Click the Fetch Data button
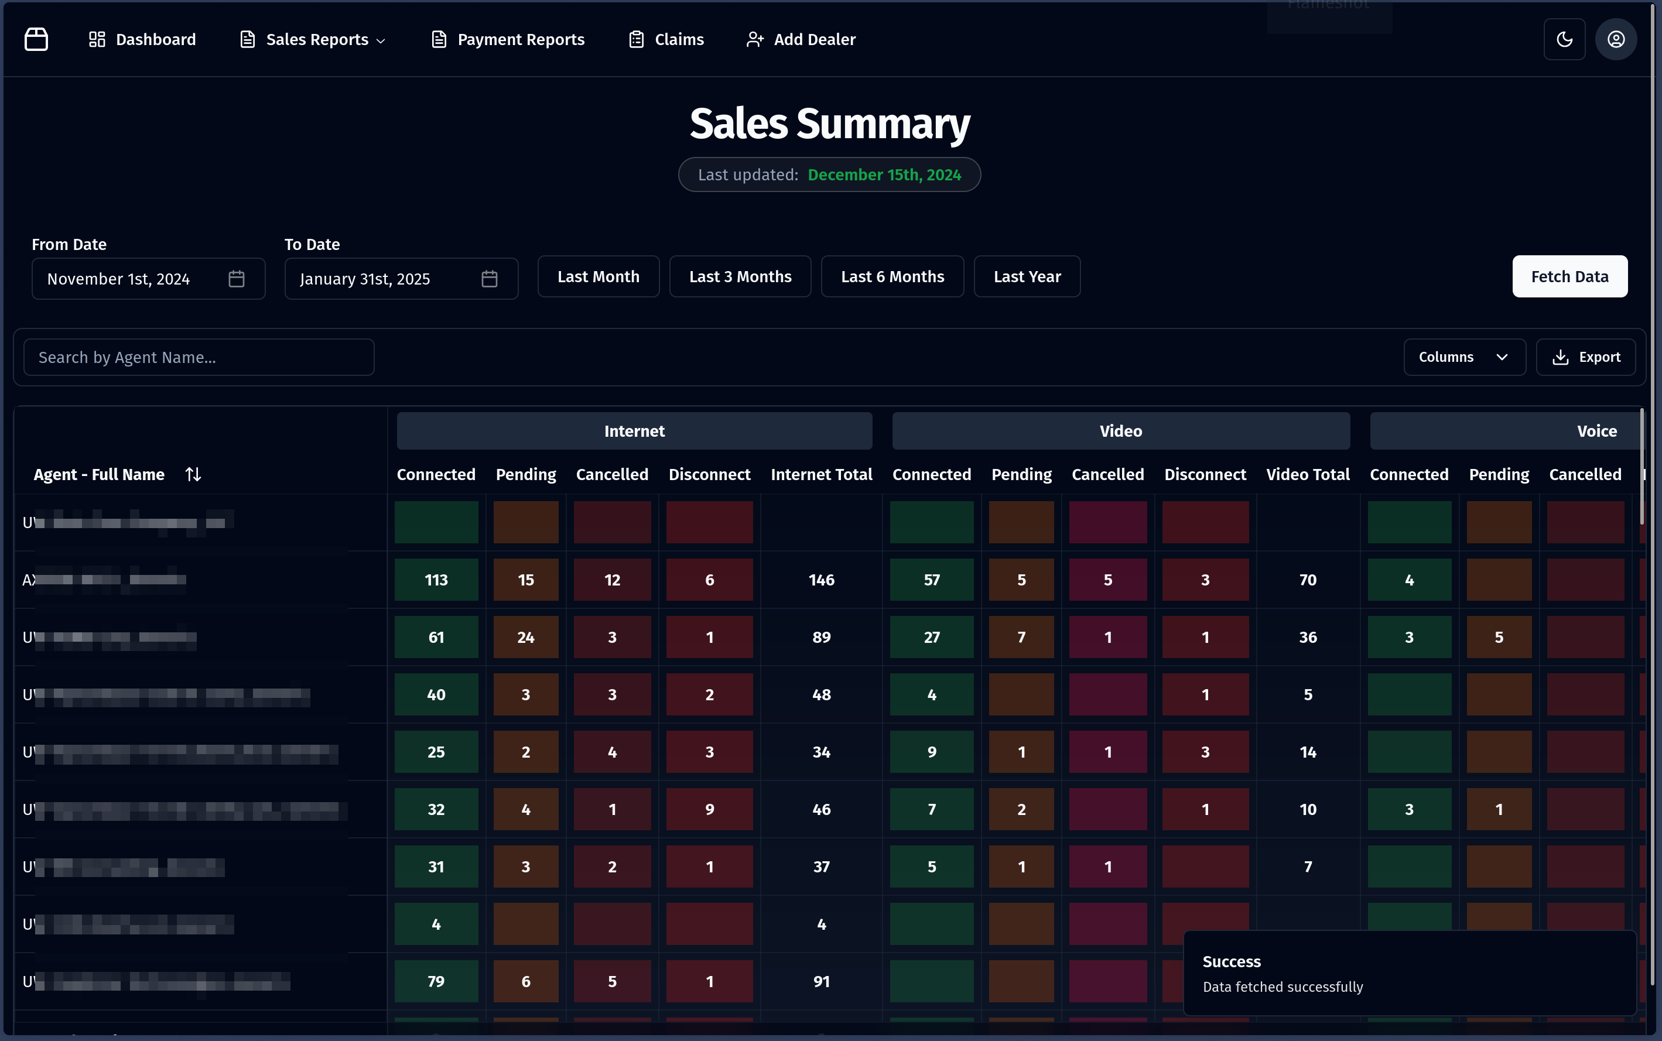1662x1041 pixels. (x=1569, y=277)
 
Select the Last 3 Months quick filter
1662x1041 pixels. (x=740, y=277)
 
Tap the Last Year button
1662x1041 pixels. (x=1027, y=277)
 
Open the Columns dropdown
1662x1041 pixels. (x=1463, y=357)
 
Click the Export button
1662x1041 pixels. (x=1586, y=357)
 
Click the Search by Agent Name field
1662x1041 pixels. (x=199, y=357)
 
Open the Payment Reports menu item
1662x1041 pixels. (x=508, y=40)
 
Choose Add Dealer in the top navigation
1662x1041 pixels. (x=801, y=40)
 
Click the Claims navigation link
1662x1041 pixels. (x=666, y=40)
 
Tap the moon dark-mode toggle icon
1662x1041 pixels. (x=1564, y=40)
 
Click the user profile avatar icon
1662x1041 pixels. (x=1616, y=40)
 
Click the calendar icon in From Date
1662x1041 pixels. (x=236, y=279)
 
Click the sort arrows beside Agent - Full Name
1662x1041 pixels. (x=193, y=474)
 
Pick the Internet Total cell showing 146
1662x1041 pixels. (x=822, y=580)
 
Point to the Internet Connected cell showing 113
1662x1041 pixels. (x=436, y=580)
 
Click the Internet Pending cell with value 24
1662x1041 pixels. (x=526, y=638)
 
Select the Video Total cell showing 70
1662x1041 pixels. (x=1308, y=580)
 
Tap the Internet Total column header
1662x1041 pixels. (x=822, y=474)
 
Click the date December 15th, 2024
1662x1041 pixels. (x=884, y=175)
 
